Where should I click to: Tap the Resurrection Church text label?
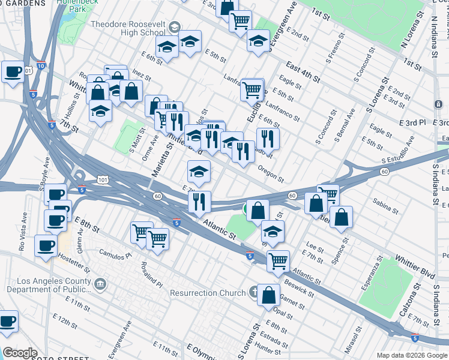(208, 293)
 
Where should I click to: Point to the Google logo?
(20, 353)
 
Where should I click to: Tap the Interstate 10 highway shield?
(40, 65)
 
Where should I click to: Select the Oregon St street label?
(271, 174)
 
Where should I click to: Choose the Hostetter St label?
(74, 260)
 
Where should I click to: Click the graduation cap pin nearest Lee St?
(273, 231)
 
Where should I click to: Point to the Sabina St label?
(385, 207)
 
